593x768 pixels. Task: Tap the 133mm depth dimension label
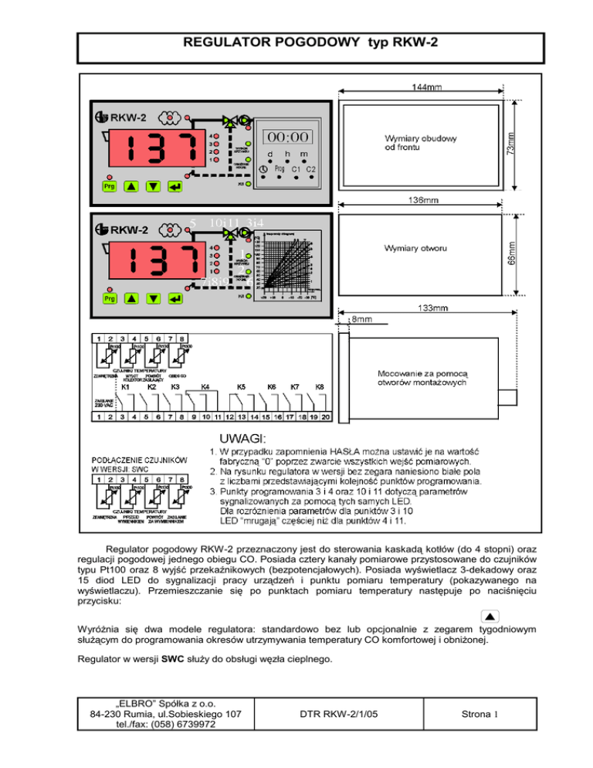click(x=429, y=308)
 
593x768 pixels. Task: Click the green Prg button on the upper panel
click(x=107, y=187)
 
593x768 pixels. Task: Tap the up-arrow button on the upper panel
click(x=131, y=187)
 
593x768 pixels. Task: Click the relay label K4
click(x=205, y=386)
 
